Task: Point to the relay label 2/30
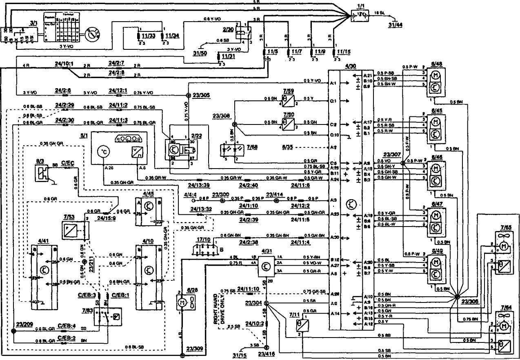pos(228,30)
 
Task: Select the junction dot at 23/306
pos(457,296)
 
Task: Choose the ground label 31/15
pos(238,354)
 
